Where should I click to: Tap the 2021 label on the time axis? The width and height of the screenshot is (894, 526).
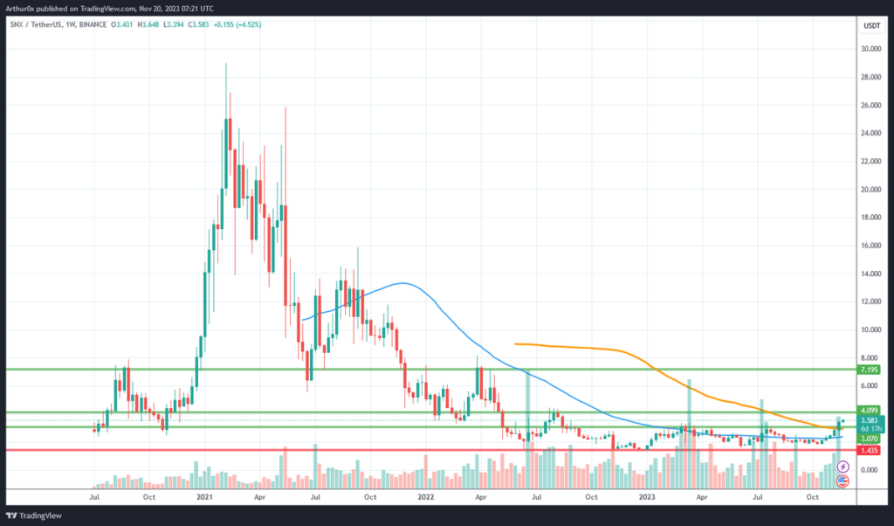pos(204,496)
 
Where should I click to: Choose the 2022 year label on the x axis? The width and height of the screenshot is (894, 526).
pos(426,496)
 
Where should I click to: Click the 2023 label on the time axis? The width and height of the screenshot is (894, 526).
pos(647,496)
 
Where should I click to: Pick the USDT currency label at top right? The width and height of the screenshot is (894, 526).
pos(871,26)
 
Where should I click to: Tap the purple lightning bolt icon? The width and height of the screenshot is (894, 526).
pos(842,468)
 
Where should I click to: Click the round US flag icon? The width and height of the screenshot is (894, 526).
pos(842,481)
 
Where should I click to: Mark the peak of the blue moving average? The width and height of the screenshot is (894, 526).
pos(402,283)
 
